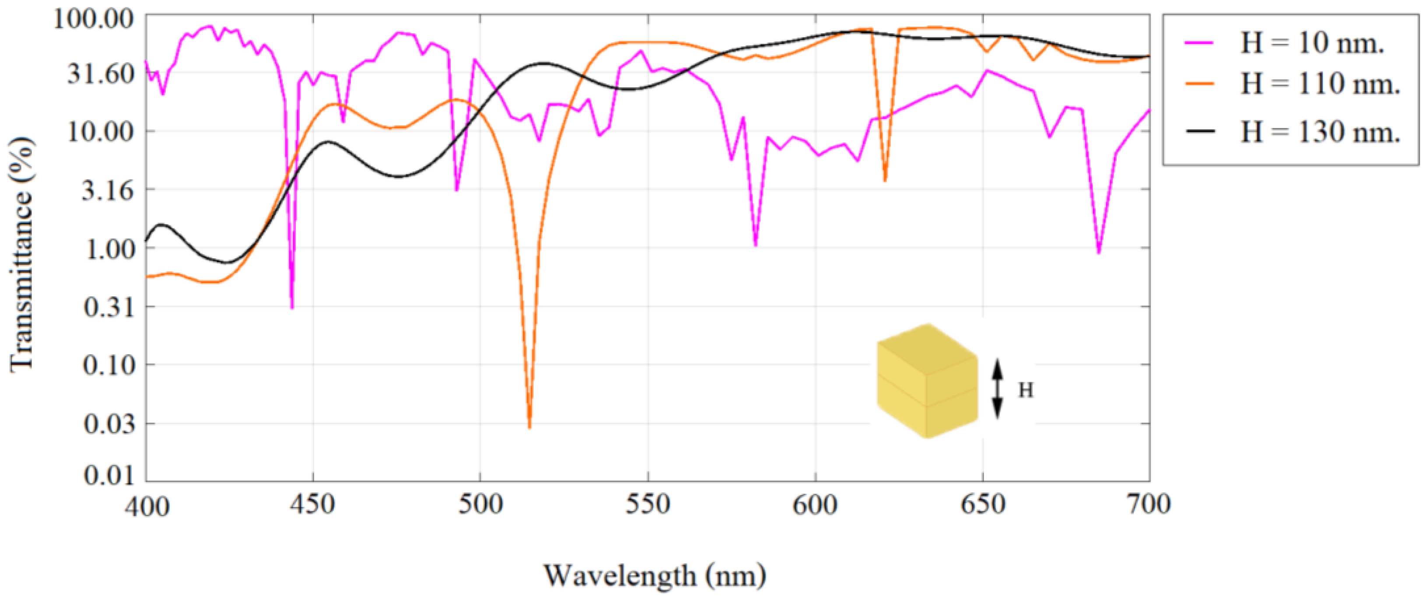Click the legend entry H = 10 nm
click(1312, 43)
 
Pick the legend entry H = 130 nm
click(1320, 132)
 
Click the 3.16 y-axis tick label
click(108, 190)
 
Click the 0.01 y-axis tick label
click(109, 475)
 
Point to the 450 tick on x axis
click(314, 504)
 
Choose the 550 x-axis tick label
click(648, 504)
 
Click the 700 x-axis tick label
click(1149, 504)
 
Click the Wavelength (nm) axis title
click(655, 576)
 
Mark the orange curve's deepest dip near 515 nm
click(529, 426)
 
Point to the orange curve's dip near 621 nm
click(885, 180)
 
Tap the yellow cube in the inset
click(927, 382)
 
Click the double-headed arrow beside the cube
click(997, 389)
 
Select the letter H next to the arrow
click(1026, 390)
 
